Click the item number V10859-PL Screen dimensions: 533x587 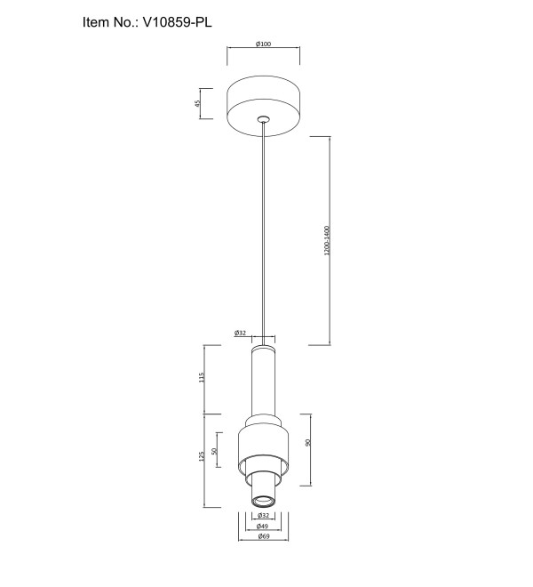point(178,22)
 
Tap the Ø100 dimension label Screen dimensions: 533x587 point(263,44)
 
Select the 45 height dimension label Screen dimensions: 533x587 point(197,103)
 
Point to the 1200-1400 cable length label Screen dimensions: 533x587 point(327,241)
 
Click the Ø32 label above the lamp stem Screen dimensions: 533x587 point(241,333)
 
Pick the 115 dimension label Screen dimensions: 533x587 point(202,377)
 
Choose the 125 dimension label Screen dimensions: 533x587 point(202,456)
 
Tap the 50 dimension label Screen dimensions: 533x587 point(214,451)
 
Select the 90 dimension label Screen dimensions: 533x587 point(308,443)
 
